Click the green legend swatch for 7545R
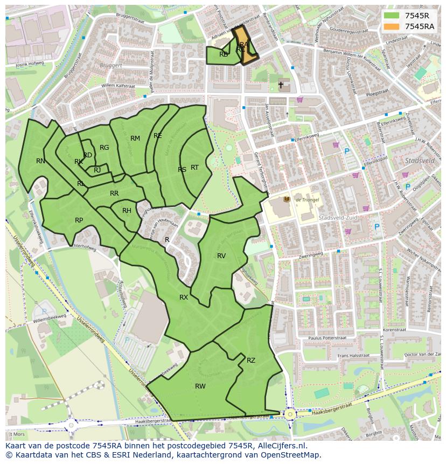click(x=392, y=16)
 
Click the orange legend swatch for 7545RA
click(x=392, y=26)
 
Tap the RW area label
click(x=200, y=386)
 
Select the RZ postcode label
click(x=251, y=361)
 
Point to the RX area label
click(x=184, y=297)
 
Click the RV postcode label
click(x=221, y=256)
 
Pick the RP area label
click(x=79, y=220)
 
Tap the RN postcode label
click(x=40, y=161)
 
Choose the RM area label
click(x=135, y=138)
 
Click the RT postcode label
click(x=195, y=168)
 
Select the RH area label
click(x=127, y=211)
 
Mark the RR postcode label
click(x=114, y=193)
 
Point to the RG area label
click(x=104, y=148)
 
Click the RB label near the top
click(x=224, y=54)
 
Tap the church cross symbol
click(x=281, y=85)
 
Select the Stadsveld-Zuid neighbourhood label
click(x=335, y=218)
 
